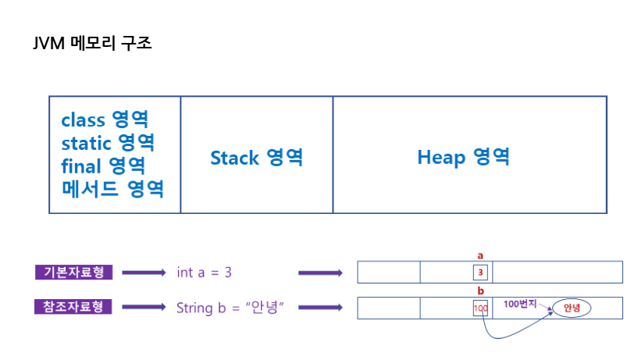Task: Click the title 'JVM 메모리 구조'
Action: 92,43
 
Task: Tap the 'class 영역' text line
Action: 105,119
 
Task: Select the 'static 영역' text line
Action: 108,142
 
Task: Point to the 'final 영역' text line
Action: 103,166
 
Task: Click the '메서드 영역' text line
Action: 112,189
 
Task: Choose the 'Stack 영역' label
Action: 257,158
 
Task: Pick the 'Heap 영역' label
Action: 463,157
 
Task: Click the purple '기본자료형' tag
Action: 73,272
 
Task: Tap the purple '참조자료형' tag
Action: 73,307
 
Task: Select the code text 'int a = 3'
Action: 205,272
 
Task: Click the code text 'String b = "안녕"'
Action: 230,308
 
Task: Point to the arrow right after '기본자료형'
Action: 144,273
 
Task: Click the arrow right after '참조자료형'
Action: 144,307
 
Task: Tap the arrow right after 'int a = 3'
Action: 321,273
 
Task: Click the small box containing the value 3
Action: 480,273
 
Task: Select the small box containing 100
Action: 480,308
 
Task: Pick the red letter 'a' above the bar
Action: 480,256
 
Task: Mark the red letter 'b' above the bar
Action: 480,290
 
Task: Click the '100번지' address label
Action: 520,304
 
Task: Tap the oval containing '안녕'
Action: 572,308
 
